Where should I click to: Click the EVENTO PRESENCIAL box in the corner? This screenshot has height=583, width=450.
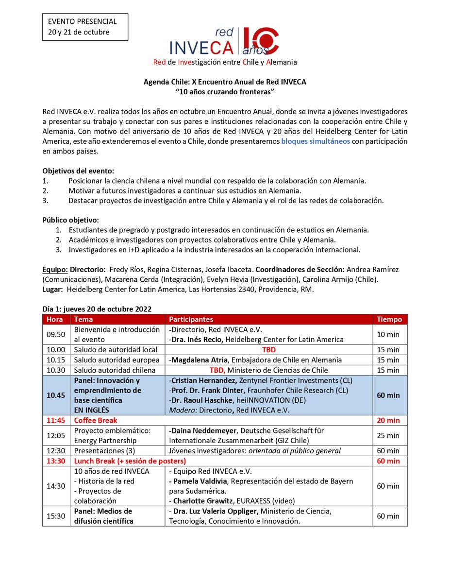coord(85,27)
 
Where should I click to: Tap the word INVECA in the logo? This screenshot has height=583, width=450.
coord(202,47)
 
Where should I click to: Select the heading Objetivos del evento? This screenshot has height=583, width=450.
coord(78,171)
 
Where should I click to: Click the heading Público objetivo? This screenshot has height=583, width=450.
coord(70,220)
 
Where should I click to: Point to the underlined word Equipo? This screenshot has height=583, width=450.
coord(55,269)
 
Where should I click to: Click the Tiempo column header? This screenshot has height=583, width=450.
coord(389,319)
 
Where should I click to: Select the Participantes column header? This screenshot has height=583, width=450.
coord(191,319)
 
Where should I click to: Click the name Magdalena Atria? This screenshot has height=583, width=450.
coord(199,360)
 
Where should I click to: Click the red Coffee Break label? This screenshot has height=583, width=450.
coord(96,420)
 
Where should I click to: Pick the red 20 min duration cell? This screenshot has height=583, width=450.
coord(389,420)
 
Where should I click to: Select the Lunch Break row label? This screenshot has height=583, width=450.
coord(130,461)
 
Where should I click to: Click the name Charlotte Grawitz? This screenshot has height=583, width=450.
coord(204,501)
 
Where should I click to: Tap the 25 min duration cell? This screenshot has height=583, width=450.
coord(389,435)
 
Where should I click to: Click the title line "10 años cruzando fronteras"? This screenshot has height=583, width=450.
coord(225,91)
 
